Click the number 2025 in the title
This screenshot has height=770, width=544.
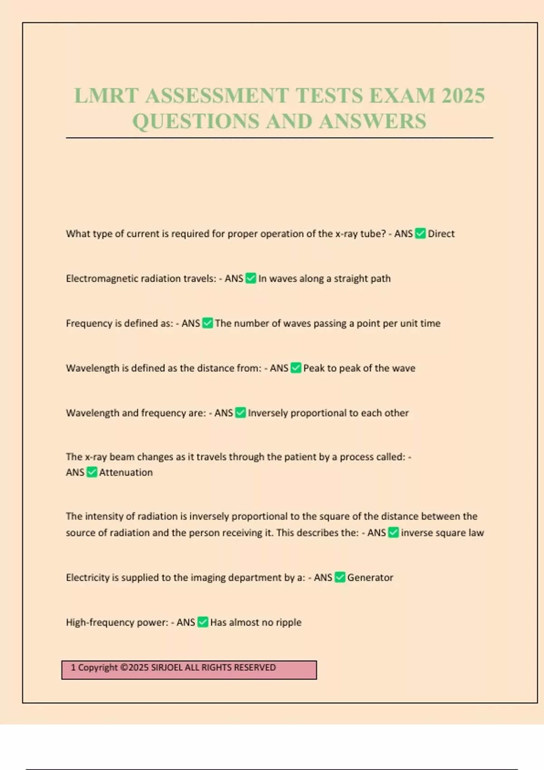pyautogui.click(x=463, y=96)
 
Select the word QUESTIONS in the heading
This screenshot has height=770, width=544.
pyautogui.click(x=196, y=121)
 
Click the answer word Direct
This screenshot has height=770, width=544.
pyautogui.click(x=441, y=234)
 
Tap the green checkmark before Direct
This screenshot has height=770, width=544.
pyautogui.click(x=420, y=234)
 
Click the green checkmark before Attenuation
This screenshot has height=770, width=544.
pyautogui.click(x=92, y=472)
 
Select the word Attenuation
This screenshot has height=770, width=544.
pyautogui.click(x=126, y=472)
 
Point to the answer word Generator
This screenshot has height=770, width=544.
pyautogui.click(x=370, y=577)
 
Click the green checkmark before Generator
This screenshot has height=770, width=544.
pyautogui.click(x=340, y=577)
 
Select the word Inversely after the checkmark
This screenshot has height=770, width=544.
pyautogui.click(x=267, y=413)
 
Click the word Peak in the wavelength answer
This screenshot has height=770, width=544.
pyautogui.click(x=314, y=368)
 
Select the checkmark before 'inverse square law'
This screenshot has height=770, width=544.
pyautogui.click(x=393, y=533)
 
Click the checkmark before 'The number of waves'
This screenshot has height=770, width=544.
pyautogui.click(x=207, y=323)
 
